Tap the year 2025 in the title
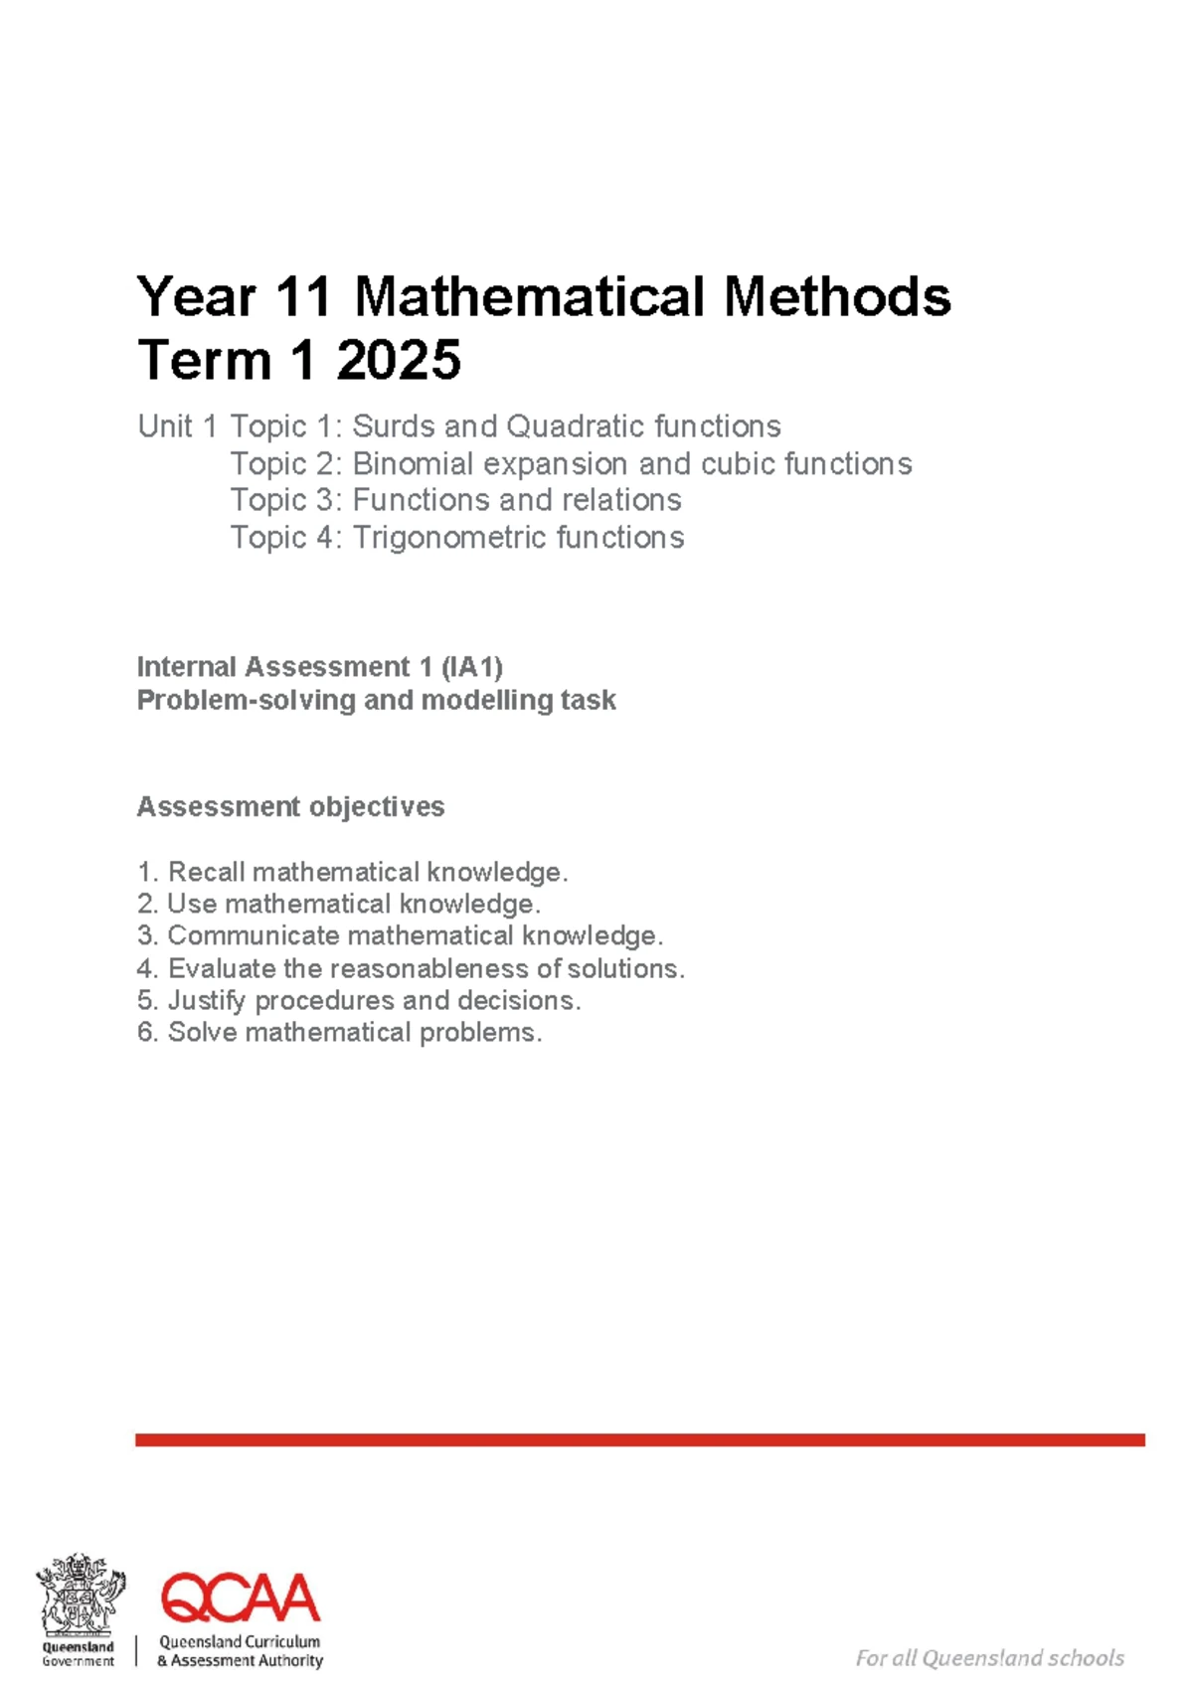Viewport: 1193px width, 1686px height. [399, 360]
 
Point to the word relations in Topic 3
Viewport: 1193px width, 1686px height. [620, 500]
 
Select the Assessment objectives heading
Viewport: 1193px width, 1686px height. [290, 806]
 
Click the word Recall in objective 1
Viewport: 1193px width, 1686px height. [207, 873]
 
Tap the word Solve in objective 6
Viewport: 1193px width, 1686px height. [203, 1033]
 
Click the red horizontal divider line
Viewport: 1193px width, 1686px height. [640, 1439]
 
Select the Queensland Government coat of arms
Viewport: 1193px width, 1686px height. [80, 1597]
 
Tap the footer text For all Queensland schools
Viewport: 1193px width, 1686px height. [989, 1658]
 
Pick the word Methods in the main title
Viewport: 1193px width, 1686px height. [837, 297]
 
